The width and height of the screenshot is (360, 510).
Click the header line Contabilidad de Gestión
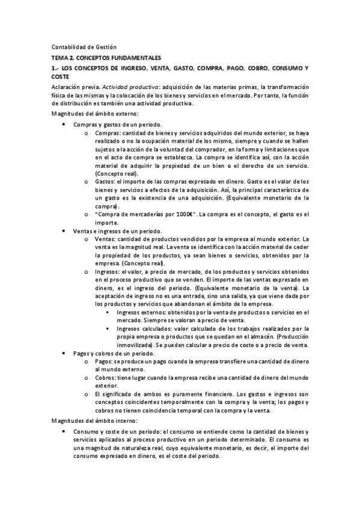84,47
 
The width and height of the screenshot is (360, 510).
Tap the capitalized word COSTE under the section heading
60,77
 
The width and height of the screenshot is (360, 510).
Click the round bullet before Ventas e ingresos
64,231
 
